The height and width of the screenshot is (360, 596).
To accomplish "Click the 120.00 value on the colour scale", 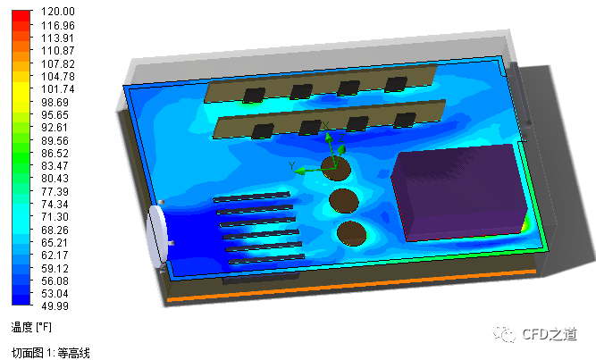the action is pos(58,12).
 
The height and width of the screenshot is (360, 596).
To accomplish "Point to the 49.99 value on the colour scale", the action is pos(55,306).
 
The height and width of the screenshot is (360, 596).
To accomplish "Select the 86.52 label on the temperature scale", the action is pos(55,153).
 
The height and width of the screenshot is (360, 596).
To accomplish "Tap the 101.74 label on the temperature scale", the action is pos(58,89).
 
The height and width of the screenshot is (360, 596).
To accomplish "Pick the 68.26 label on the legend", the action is pos(55,230).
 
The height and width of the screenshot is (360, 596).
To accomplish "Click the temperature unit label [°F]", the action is pos(43,327).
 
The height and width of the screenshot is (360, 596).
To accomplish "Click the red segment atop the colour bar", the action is pos(21,15).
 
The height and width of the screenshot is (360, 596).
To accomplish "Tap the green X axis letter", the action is pos(325,125).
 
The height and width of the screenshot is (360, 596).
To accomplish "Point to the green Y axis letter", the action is pos(291,166).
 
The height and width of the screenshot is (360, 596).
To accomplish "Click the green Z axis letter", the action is pos(341,138).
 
